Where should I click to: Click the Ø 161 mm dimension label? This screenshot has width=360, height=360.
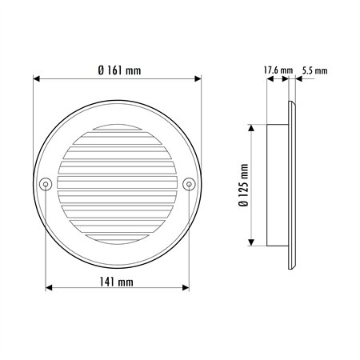point(119,70)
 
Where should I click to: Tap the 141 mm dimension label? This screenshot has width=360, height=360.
point(116,282)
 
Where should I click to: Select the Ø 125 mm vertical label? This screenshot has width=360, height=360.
point(244,185)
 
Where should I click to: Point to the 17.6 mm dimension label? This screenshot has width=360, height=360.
point(278,70)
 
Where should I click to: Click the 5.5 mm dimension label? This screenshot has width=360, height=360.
point(314,70)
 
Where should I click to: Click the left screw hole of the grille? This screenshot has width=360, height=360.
point(46,184)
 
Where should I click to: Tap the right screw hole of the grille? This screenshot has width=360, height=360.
point(189,184)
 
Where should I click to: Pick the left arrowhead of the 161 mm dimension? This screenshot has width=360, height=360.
point(36,78)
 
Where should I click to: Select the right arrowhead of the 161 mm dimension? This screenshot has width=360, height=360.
point(198,78)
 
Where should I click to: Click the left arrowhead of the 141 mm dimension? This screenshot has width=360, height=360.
point(49,288)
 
